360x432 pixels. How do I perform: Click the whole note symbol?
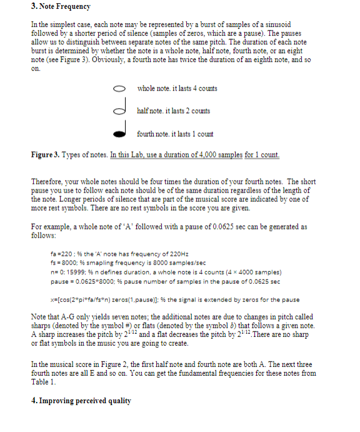121,89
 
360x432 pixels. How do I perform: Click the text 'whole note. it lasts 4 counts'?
177,88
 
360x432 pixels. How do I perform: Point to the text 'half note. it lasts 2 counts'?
173,111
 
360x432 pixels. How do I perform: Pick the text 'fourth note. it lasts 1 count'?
175,134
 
